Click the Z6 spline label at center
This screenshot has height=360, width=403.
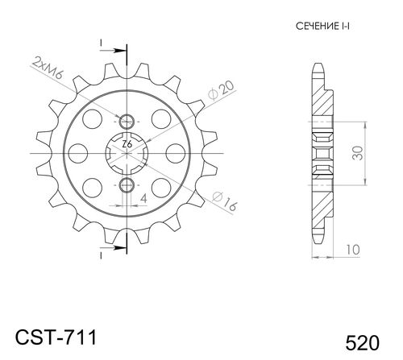point(127,146)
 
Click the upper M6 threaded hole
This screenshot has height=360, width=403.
point(127,122)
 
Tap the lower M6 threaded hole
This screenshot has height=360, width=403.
point(127,187)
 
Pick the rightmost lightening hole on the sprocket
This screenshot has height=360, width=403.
point(172,153)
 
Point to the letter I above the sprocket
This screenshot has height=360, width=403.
point(102,41)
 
